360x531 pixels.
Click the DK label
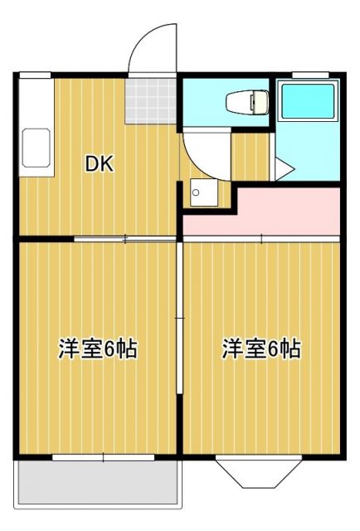coord(100,163)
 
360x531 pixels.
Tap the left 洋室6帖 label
coord(97,349)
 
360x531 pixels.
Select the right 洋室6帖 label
coord(260,349)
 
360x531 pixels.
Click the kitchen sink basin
coord(36,148)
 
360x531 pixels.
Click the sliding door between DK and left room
coord(124,240)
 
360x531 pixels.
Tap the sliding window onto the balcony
coord(103,456)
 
